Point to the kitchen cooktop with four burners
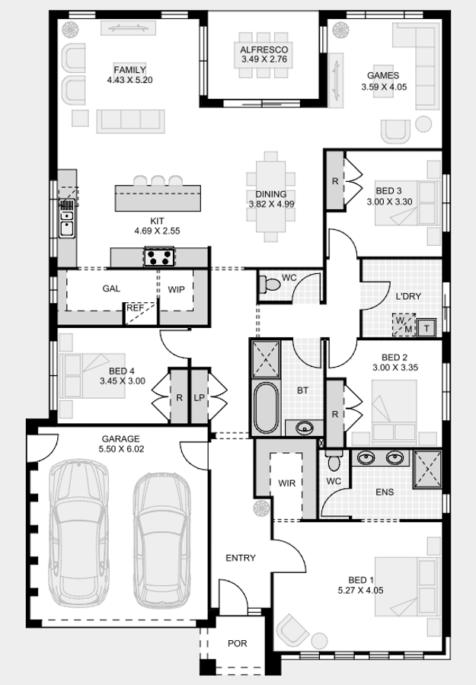(159, 257)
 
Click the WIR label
(286, 483)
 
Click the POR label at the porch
(238, 644)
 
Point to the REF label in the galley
(134, 308)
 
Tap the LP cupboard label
(200, 397)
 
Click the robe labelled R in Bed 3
(335, 181)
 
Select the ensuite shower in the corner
(426, 468)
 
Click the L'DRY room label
(408, 296)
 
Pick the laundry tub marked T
(427, 327)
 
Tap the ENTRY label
(241, 558)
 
